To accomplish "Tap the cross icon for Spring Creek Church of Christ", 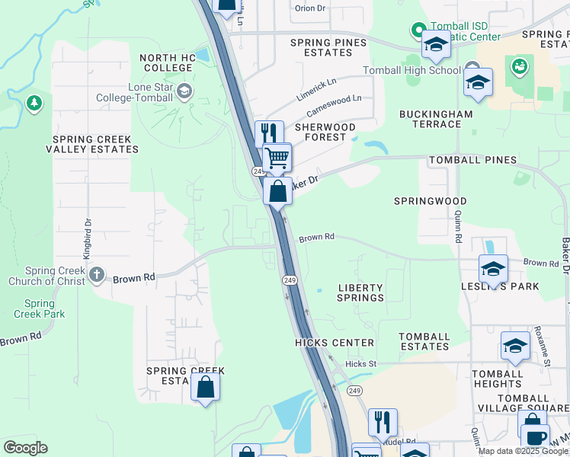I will (97, 274).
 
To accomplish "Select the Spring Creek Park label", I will (39, 308).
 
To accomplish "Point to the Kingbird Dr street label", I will (88, 236).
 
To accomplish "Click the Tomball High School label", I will (423, 71).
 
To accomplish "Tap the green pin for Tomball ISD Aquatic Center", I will (418, 30).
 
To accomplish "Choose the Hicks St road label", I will (360, 364).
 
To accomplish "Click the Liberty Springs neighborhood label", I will (360, 292).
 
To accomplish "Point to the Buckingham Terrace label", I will (436, 119).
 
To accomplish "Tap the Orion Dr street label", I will (309, 8).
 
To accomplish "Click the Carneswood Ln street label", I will (334, 104).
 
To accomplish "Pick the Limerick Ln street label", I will (316, 87).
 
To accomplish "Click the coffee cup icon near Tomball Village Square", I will (536, 436).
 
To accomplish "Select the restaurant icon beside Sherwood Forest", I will (268, 133).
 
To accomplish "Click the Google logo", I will (25, 448).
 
